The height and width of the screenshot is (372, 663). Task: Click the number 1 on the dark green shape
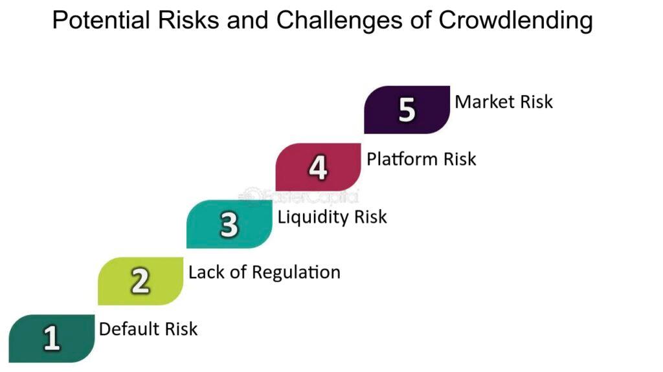[52, 338]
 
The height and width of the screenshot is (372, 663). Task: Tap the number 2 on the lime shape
[140, 281]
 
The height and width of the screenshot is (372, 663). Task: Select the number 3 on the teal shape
[229, 224]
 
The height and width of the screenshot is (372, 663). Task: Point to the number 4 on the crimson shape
[318, 167]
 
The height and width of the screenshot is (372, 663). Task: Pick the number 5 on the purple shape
[407, 110]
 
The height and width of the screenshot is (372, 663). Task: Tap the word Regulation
[296, 272]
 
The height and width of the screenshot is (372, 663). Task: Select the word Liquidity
[313, 217]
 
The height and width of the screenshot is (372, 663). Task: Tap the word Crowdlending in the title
[515, 20]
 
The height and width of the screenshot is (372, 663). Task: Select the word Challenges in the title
[339, 20]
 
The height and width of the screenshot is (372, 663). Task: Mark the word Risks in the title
[188, 20]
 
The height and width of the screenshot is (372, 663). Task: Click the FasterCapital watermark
[299, 196]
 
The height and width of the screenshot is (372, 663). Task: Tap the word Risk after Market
[536, 102]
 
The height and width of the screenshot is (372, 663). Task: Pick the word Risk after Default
[181, 329]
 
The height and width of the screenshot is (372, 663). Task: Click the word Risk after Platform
[460, 159]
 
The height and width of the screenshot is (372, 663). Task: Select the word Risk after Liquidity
[370, 217]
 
